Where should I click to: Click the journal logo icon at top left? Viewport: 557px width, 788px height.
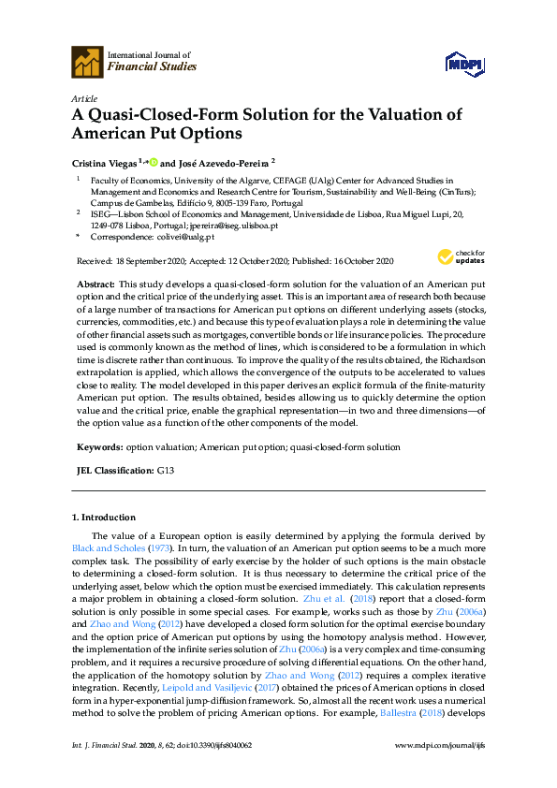click(x=88, y=61)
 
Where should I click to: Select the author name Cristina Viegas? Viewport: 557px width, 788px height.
click(x=105, y=160)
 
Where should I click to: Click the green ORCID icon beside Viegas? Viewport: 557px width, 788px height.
click(x=153, y=160)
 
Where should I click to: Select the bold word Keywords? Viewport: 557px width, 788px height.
click(x=98, y=447)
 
